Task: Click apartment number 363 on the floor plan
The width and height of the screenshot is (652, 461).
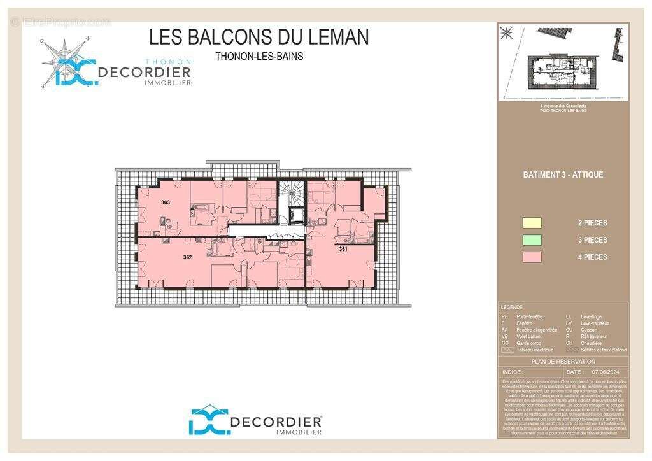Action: click(166, 202)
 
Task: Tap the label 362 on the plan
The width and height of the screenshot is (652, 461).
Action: click(187, 257)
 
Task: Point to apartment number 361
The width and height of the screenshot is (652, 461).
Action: click(343, 249)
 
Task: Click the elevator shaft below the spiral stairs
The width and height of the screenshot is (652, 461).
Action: click(295, 214)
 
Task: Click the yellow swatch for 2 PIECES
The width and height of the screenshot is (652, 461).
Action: click(532, 223)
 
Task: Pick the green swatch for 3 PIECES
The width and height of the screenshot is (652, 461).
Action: click(532, 240)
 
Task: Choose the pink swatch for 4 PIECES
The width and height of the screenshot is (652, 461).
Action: click(532, 257)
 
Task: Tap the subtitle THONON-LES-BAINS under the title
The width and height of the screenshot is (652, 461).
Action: click(259, 56)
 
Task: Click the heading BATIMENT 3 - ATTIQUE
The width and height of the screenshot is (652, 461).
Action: click(563, 174)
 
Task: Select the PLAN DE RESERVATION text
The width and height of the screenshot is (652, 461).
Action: click(563, 362)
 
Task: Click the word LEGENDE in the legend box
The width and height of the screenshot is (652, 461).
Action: click(512, 307)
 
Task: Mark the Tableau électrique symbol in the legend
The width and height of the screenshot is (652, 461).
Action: click(507, 350)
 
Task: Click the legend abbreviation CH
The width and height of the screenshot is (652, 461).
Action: click(569, 343)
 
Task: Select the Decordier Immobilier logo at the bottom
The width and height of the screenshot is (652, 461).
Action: click(255, 422)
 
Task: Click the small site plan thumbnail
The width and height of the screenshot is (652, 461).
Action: click(563, 62)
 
